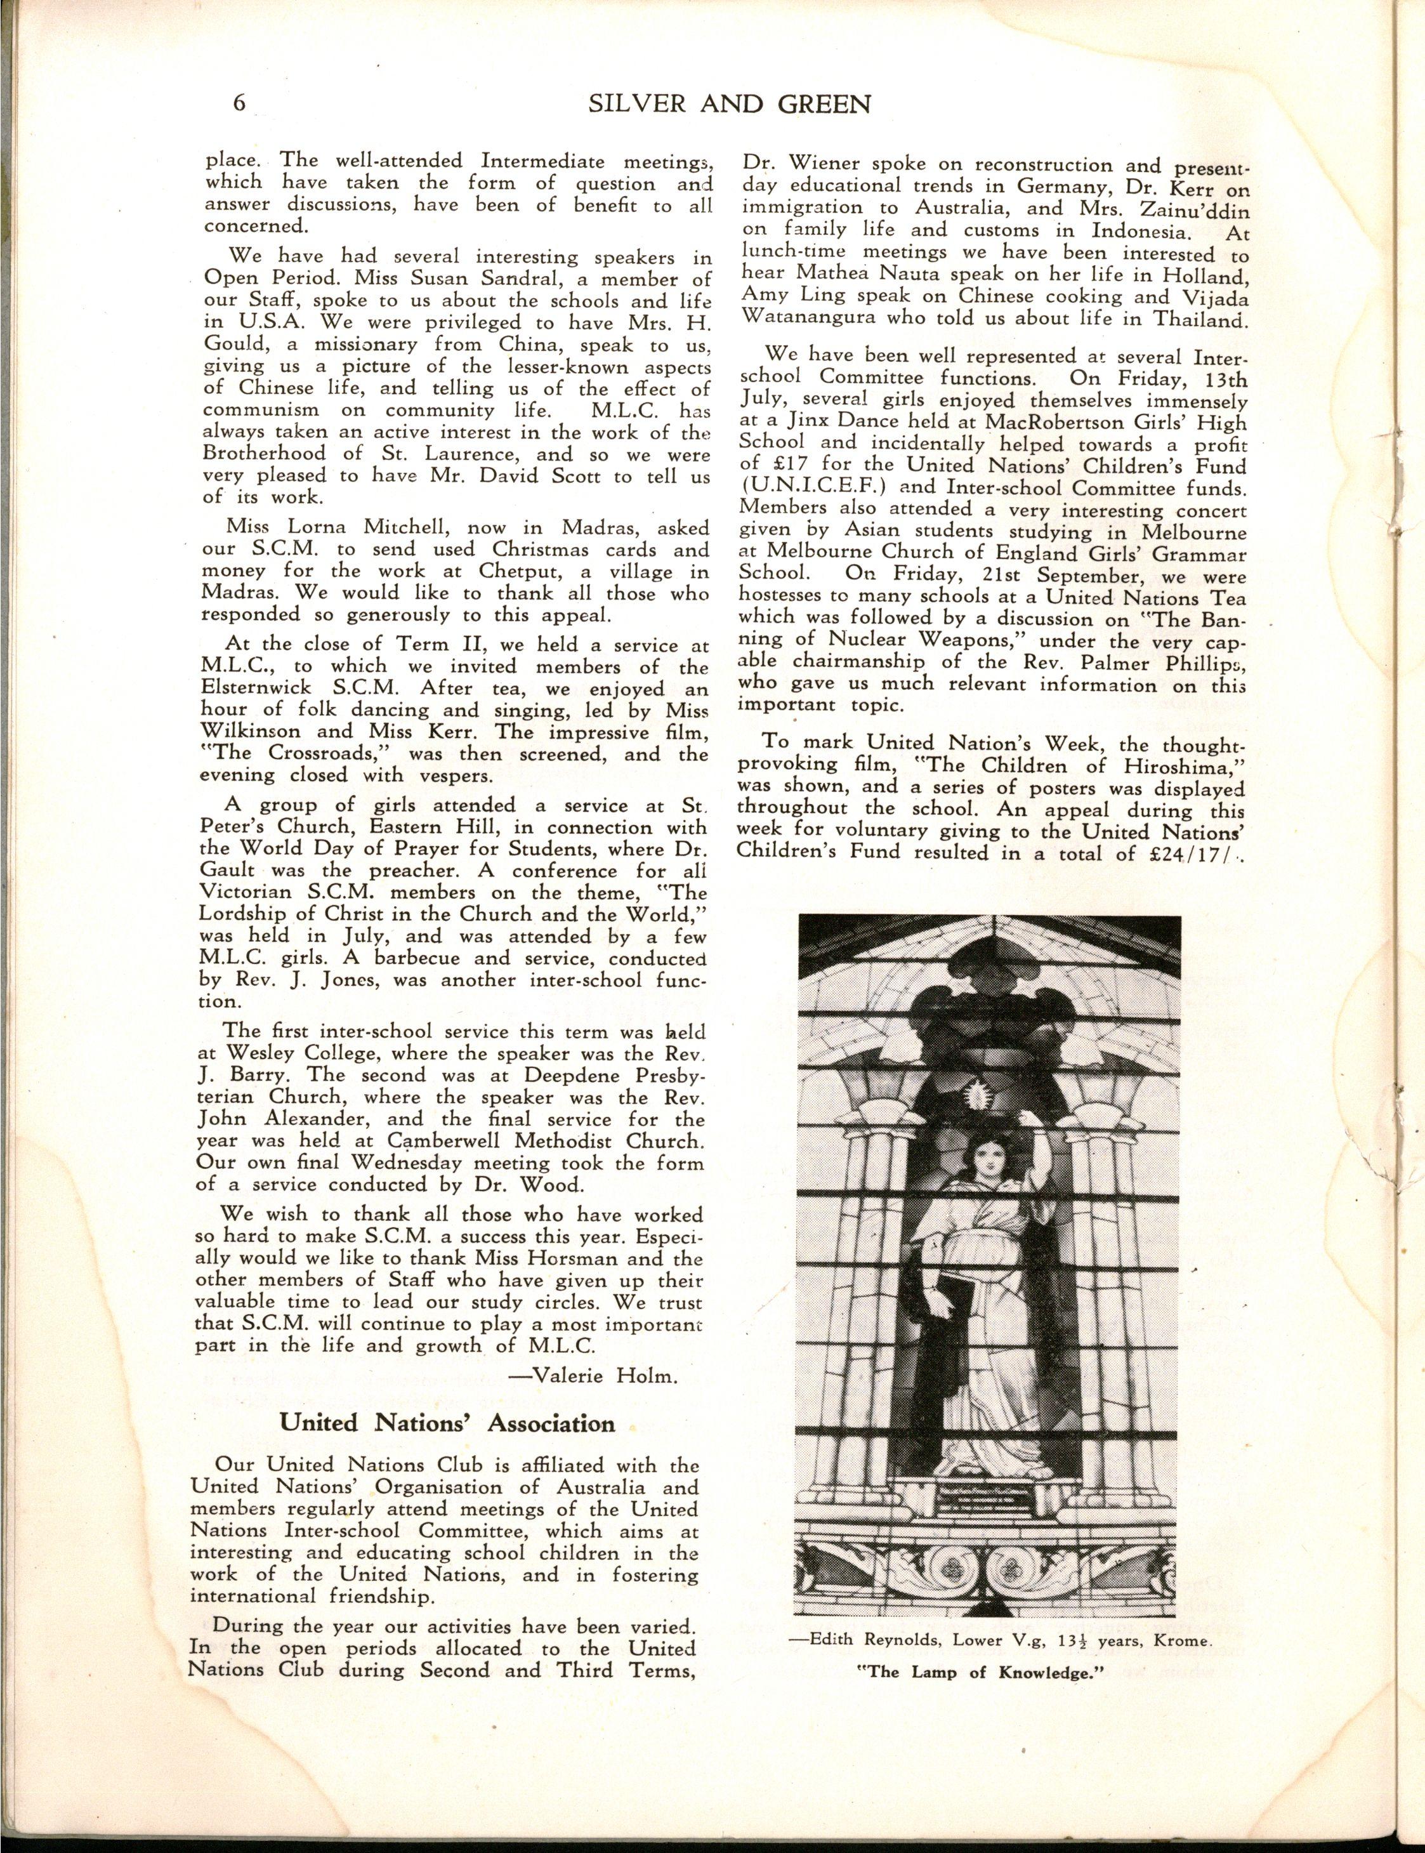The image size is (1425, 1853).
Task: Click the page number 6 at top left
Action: click(239, 103)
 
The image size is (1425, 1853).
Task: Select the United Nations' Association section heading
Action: click(449, 1423)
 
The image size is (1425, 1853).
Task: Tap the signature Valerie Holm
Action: click(604, 1375)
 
